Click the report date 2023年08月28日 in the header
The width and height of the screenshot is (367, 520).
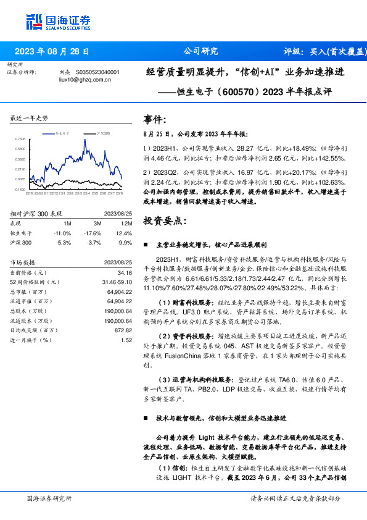pos(51,51)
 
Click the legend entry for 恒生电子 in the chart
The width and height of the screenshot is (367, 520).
pos(62,133)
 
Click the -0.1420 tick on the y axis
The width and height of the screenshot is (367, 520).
pos(20,189)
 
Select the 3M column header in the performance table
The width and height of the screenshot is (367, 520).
pos(97,223)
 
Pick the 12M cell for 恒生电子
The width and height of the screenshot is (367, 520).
pos(124,232)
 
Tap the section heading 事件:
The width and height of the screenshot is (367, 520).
pos(155,119)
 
